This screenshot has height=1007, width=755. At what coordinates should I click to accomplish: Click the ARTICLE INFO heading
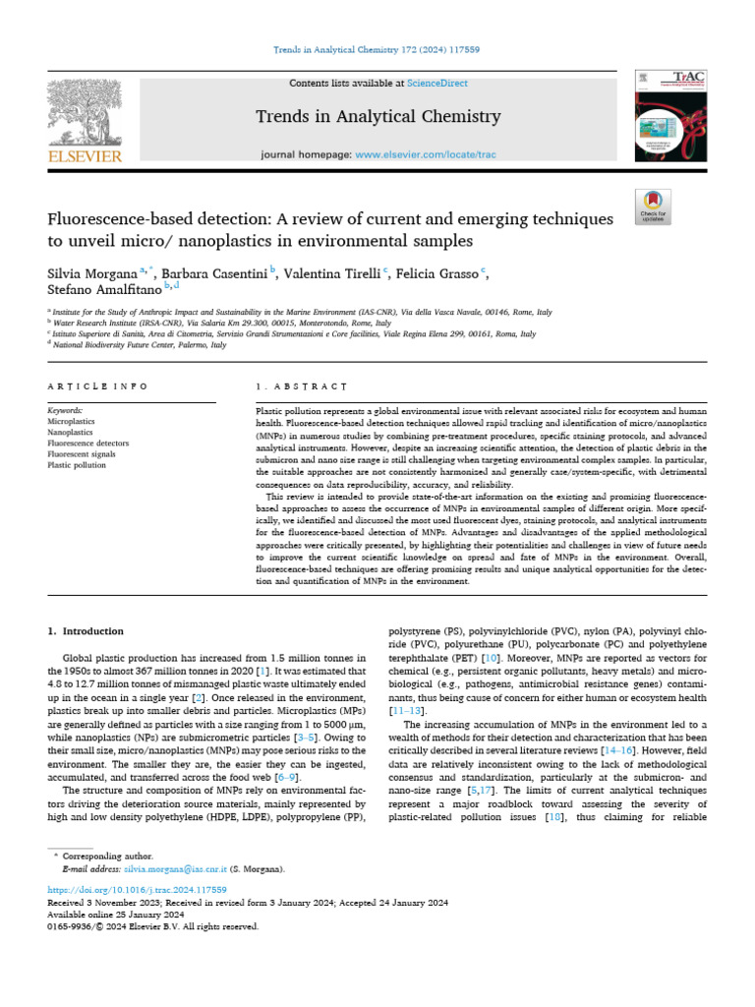(x=98, y=387)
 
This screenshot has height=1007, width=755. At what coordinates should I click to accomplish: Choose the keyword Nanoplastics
(x=72, y=430)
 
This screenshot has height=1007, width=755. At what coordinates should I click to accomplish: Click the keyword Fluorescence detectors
(x=88, y=443)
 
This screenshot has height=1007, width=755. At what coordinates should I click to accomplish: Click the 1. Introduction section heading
(x=87, y=630)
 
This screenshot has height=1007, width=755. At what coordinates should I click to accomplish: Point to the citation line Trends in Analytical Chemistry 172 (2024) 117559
(x=377, y=21)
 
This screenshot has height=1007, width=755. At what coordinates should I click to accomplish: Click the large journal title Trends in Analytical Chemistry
(x=378, y=117)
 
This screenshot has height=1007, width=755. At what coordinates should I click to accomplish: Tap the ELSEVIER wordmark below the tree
(x=86, y=155)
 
